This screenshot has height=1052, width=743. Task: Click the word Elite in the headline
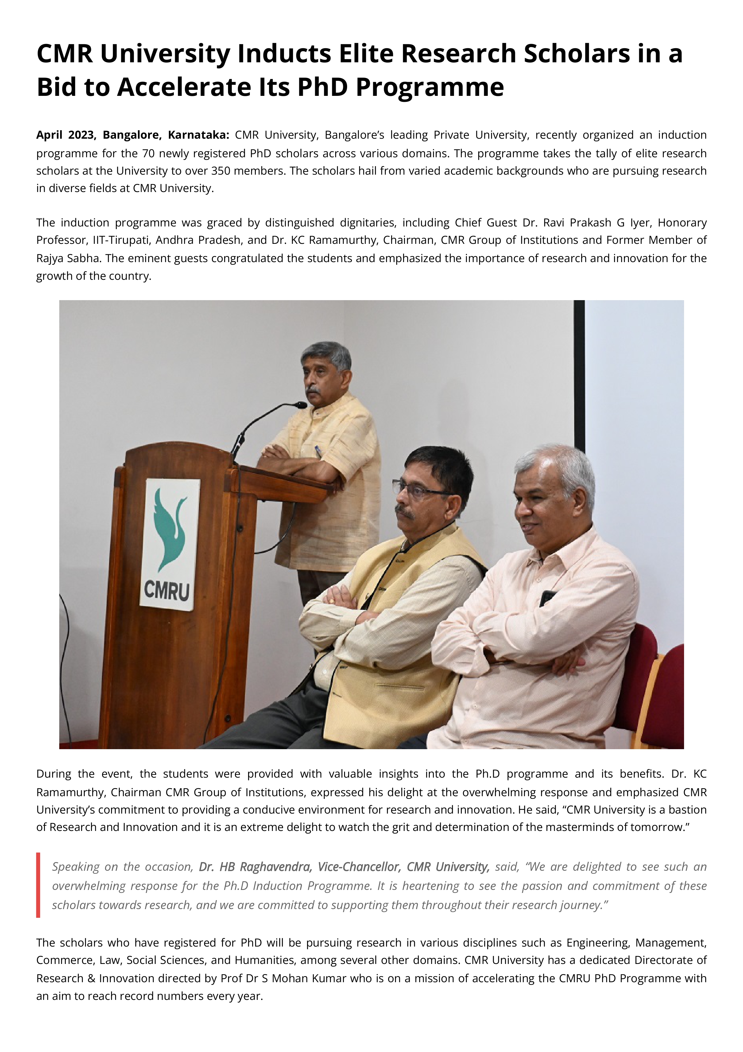[366, 54]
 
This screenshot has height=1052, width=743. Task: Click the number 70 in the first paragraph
[148, 153]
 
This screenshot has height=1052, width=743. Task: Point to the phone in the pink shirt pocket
[548, 598]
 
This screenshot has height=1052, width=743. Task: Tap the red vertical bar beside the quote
[39, 885]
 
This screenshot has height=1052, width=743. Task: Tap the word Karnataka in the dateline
[198, 135]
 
